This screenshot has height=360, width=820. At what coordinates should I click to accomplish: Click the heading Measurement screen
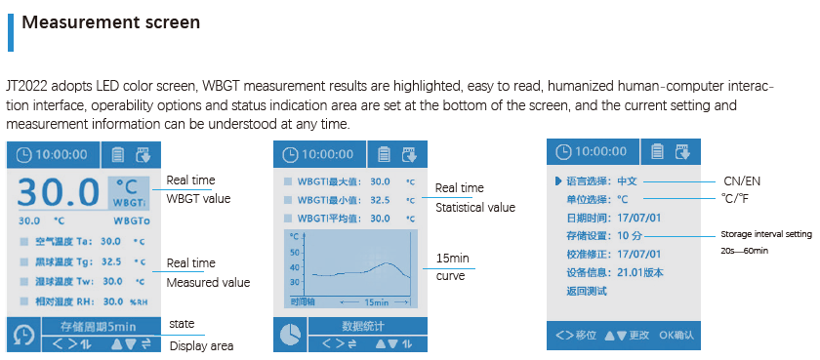point(111,22)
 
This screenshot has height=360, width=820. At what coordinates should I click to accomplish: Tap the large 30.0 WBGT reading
point(59,191)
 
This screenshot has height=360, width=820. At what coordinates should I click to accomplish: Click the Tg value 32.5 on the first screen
point(110,261)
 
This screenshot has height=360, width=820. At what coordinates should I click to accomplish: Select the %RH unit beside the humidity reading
point(139,302)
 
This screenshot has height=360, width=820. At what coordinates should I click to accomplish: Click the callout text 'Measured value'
point(208,282)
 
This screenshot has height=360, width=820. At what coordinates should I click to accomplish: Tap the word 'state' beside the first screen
point(182,324)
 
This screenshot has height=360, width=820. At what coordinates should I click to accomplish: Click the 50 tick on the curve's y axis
point(294,251)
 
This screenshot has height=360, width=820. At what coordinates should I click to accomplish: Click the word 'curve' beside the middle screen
point(449,275)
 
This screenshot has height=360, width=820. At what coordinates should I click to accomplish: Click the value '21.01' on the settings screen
point(631,272)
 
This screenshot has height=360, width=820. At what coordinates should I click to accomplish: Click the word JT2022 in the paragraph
point(26,87)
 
